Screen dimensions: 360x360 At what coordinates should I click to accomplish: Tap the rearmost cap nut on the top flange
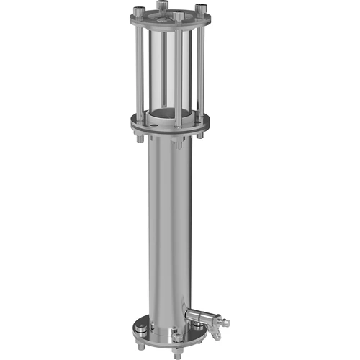(160, 6)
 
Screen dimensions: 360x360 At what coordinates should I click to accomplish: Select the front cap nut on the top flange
(177, 14)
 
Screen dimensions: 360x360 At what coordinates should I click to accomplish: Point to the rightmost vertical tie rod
(201, 68)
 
